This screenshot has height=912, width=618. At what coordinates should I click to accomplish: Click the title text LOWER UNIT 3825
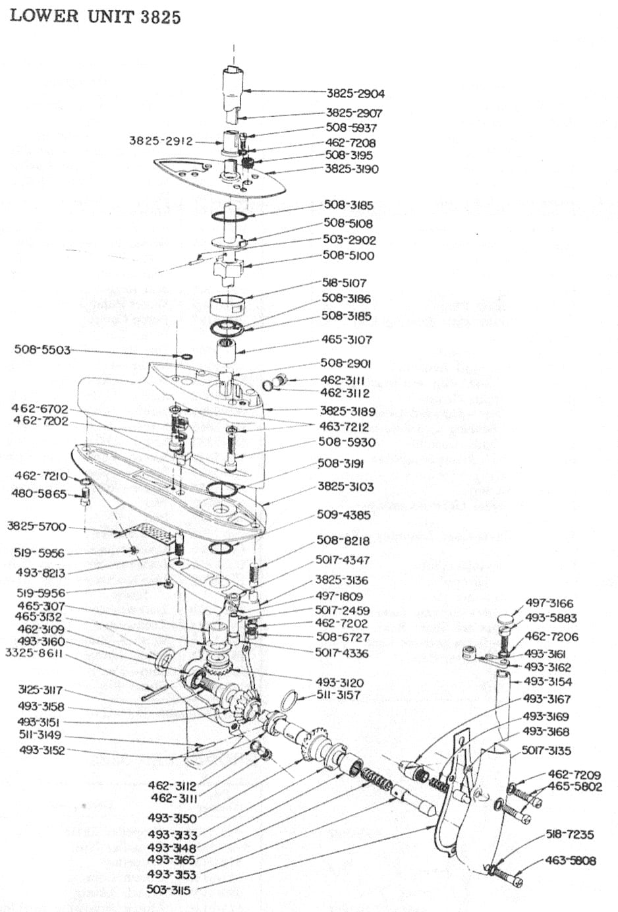[95, 16]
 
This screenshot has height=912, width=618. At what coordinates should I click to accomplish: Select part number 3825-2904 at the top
[355, 94]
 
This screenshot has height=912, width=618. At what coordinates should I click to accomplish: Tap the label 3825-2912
[161, 141]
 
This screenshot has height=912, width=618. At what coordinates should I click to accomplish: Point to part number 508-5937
[351, 128]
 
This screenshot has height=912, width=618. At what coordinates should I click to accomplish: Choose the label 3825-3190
[352, 169]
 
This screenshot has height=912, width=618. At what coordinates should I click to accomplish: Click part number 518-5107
[344, 283]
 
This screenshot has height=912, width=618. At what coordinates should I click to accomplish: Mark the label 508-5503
[42, 350]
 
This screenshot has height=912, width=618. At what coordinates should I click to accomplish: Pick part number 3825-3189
[348, 411]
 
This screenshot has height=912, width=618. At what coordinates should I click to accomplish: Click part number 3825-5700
[37, 527]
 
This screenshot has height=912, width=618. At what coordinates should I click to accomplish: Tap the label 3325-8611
[34, 653]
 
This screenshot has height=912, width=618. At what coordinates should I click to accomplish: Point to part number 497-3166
[549, 604]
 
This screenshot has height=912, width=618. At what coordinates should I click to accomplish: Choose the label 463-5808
[571, 861]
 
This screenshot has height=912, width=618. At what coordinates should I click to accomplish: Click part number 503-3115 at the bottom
[169, 890]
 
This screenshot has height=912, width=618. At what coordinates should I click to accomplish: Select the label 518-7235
[570, 835]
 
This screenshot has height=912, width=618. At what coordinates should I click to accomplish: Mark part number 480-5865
[39, 494]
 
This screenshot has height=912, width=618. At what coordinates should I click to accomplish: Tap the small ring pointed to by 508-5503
[186, 357]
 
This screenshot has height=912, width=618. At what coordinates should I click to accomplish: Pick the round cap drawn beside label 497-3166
[505, 619]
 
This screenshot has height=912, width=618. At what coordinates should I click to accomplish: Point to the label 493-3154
[548, 682]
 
